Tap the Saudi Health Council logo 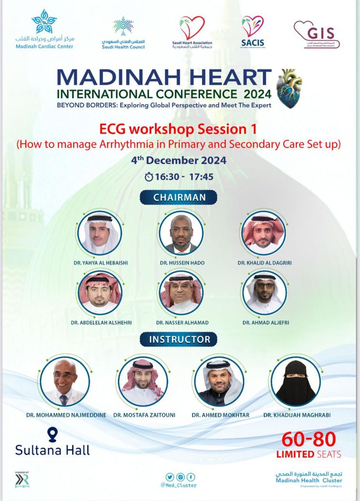coord(123,26)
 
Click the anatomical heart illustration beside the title coord(289,88)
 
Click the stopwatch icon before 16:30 coord(149,177)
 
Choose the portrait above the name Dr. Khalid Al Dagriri coord(263,233)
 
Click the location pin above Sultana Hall coord(52,435)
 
